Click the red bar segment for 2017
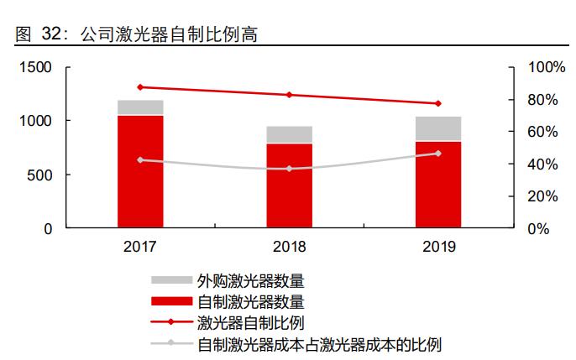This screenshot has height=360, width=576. click(x=140, y=171)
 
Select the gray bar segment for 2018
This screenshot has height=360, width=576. click(x=290, y=135)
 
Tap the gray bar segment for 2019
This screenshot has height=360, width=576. click(x=438, y=128)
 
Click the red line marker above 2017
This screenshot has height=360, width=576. click(x=140, y=87)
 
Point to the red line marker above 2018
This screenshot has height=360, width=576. click(x=290, y=95)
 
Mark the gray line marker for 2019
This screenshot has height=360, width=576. click(x=438, y=154)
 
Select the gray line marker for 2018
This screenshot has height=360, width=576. click(x=290, y=169)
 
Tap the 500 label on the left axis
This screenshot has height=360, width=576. click(x=41, y=175)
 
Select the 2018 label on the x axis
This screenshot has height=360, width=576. click(x=290, y=248)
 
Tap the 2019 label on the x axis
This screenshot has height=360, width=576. click(x=438, y=248)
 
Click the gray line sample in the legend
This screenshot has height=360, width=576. click(x=171, y=343)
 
